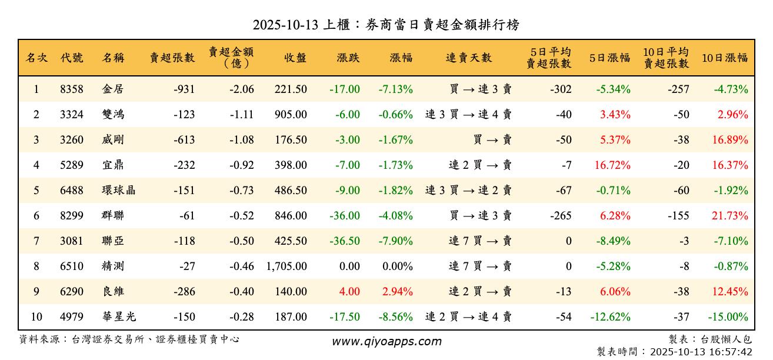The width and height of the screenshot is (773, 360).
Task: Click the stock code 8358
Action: click(72, 89)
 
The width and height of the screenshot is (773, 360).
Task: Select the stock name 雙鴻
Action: click(113, 115)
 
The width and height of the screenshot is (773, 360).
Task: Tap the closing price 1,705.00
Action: click(286, 266)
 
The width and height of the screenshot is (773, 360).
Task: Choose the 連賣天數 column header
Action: click(469, 58)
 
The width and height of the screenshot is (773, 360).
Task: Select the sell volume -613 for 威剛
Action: click(184, 140)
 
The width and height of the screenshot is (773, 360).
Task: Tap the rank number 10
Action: click(36, 317)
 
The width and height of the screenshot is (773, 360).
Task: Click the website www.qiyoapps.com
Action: click(386, 342)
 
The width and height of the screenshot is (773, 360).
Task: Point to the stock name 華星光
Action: click(119, 317)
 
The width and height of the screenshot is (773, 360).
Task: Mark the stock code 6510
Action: click(72, 266)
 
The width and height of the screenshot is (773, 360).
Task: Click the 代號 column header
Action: click(72, 58)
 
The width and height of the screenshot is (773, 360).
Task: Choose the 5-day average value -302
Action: click(561, 89)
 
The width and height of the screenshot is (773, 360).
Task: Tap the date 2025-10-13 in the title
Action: click(285, 25)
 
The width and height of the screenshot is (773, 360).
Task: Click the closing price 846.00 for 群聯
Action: click(291, 216)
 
